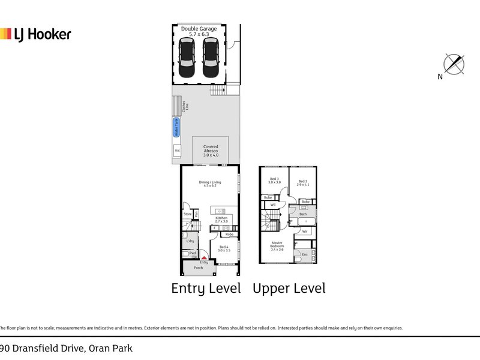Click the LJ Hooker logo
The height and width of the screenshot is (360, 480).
[x=36, y=34]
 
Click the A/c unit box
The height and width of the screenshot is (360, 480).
[x=177, y=150]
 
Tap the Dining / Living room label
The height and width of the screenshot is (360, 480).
[x=209, y=184]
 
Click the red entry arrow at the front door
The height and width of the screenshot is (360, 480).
[x=204, y=257]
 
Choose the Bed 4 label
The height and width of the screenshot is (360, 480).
[x=223, y=249]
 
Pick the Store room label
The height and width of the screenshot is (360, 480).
[x=187, y=214]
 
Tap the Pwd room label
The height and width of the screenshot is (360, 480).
[x=192, y=253]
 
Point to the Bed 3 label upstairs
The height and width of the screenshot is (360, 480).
[x=274, y=181]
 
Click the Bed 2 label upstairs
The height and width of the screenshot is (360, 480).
[x=302, y=181]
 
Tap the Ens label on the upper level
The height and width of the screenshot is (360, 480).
[x=304, y=254]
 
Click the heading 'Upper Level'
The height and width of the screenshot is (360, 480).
[x=289, y=288]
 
